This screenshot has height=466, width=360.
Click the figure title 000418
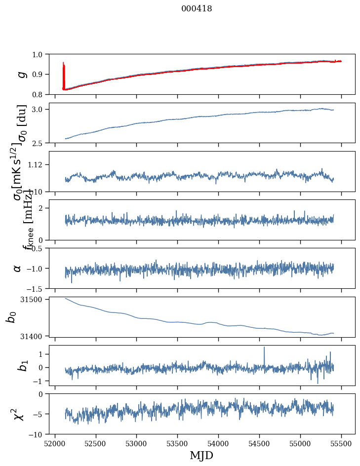click(197, 9)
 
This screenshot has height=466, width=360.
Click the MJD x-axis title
click(201, 455)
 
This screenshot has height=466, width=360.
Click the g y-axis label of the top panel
click(21, 74)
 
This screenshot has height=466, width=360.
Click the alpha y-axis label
click(18, 268)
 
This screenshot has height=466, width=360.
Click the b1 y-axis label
click(21, 365)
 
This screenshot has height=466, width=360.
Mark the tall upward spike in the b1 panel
click(264, 348)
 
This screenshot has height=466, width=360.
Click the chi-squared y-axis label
click(19, 414)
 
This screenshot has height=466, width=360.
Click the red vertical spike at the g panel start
click(64, 74)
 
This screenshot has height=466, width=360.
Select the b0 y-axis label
click(11, 316)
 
